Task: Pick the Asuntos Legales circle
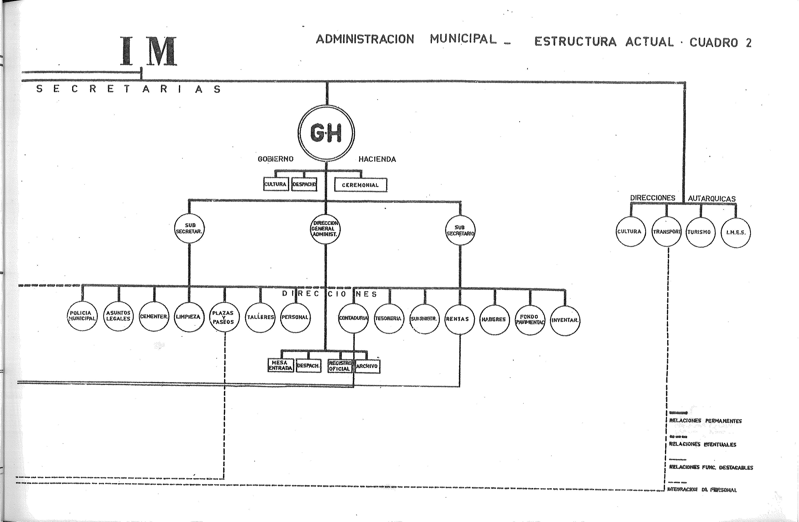click(x=118, y=316)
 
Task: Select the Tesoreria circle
click(x=389, y=318)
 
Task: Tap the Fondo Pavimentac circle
click(x=530, y=319)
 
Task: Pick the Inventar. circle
click(x=565, y=320)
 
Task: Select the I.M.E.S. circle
click(x=736, y=233)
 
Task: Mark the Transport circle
click(x=666, y=232)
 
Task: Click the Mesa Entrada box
click(x=281, y=365)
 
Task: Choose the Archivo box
click(x=367, y=366)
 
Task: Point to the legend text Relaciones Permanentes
click(x=705, y=421)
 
